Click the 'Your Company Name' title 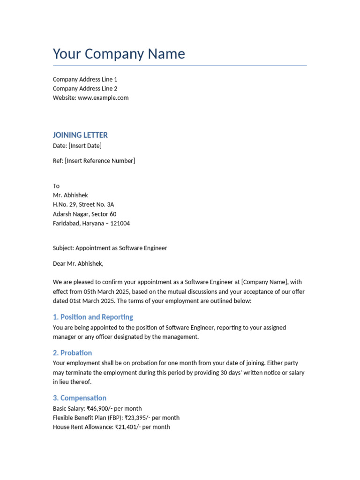tap(119, 54)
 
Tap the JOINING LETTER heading tap(80, 135)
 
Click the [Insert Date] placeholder tap(85, 146)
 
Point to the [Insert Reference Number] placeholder tap(100, 161)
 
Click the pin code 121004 tap(120, 224)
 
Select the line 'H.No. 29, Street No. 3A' tap(83, 205)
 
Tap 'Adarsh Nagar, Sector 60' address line tap(84, 214)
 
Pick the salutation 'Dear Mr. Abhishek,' tap(78, 263)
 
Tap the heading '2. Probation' tap(72, 353)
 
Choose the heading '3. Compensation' tap(80, 398)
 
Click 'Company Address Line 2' tap(85, 89)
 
